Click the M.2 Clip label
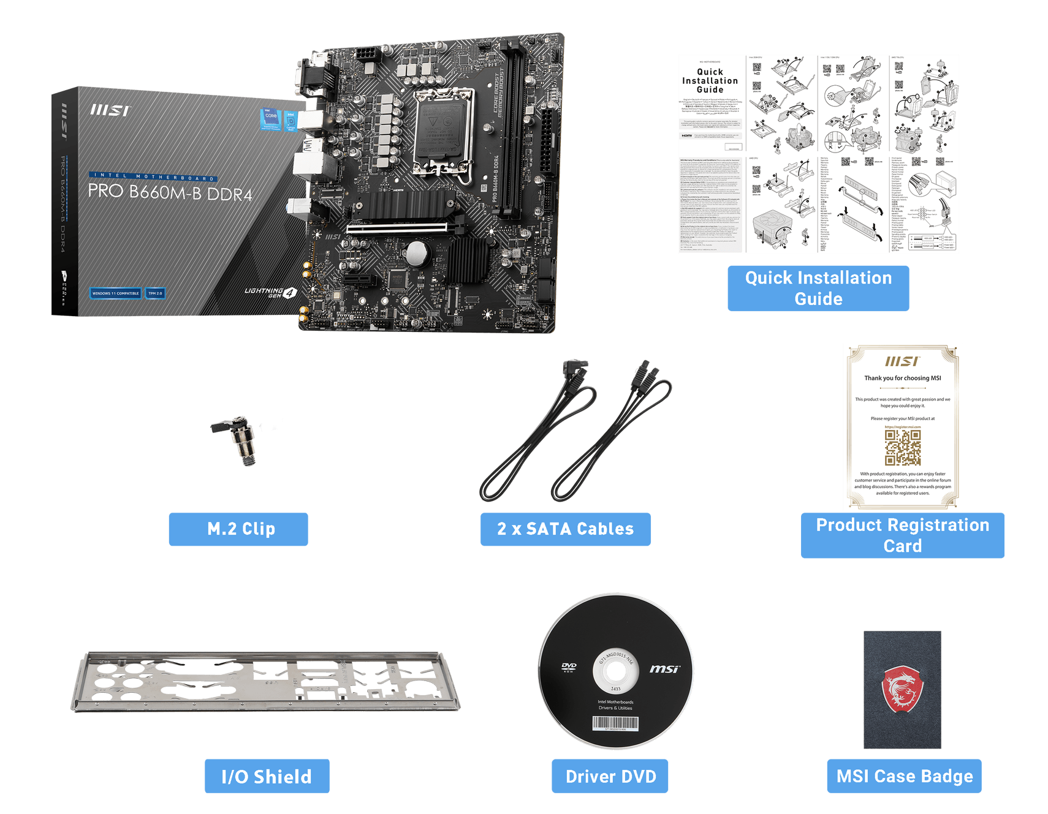coord(238,529)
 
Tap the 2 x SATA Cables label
coord(565,529)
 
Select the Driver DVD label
coord(610,777)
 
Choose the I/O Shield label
coord(267,777)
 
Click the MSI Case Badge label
coord(904,777)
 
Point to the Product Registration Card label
coord(902,535)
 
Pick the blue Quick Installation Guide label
coord(818,288)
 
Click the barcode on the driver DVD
coord(615,723)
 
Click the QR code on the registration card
coord(903,447)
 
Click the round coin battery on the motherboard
coord(418,252)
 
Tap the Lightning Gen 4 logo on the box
coord(270,292)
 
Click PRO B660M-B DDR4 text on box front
coord(170,192)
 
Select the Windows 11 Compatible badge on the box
coord(115,293)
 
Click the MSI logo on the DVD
coord(664,669)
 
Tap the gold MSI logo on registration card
coord(902,361)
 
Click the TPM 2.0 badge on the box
coord(155,293)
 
